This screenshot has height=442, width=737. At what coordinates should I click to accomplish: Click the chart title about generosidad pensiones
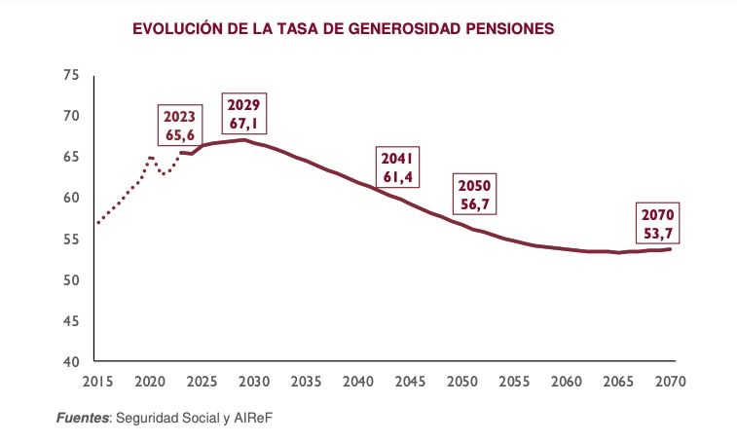pos(343,30)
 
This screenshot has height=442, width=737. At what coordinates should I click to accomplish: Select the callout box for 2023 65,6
pos(180,127)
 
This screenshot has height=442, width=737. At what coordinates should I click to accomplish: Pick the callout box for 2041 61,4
pos(398,166)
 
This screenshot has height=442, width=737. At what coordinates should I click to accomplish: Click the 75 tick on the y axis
pos(70,75)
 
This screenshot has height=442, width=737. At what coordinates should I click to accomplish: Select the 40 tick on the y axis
pos(70,361)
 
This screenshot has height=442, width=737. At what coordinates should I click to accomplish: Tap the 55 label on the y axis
pos(70,239)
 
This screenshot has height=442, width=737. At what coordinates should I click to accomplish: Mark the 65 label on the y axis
pos(70,157)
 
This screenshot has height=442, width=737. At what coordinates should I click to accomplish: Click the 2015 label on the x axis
pos(96,382)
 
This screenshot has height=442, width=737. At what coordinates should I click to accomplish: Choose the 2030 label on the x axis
pos(253,382)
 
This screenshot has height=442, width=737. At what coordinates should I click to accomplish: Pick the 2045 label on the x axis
pos(410,382)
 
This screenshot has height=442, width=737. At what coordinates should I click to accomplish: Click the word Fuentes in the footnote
pos(83,419)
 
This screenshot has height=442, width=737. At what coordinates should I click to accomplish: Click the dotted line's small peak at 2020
pos(150,158)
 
